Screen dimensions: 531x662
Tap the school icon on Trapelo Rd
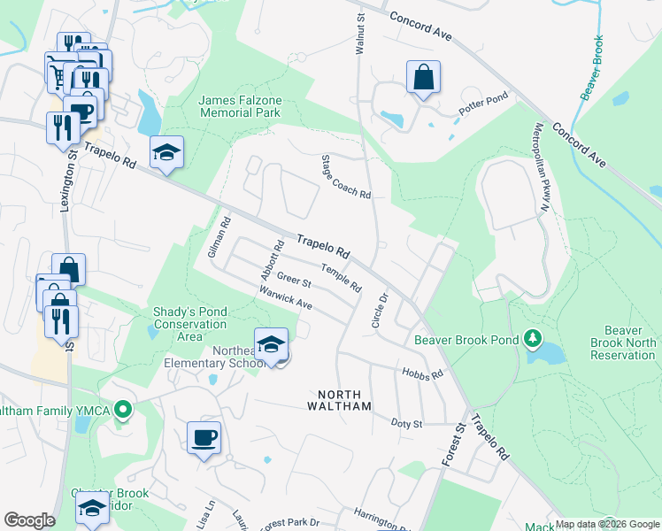166,153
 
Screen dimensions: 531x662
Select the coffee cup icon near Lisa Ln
204,437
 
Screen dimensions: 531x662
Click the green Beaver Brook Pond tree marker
532,338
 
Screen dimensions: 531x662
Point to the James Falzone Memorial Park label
240,106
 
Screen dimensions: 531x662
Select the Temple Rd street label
342,279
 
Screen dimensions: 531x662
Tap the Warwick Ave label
286,297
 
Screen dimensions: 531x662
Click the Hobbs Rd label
422,374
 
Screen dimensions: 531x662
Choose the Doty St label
407,424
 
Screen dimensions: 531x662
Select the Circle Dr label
382,310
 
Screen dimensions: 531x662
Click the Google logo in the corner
29,520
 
